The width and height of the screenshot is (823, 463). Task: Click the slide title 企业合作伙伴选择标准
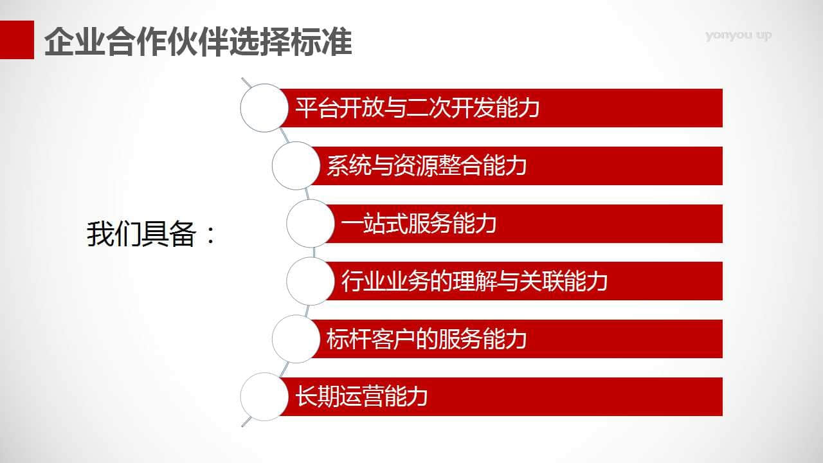click(198, 41)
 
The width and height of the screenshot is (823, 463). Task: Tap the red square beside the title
click(17, 40)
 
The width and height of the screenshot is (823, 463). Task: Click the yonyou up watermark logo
click(738, 35)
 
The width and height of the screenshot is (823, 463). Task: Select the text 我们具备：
click(151, 234)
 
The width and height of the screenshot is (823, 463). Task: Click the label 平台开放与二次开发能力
click(417, 108)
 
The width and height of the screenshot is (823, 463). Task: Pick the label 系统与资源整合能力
click(426, 166)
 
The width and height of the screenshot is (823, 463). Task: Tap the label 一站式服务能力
click(419, 223)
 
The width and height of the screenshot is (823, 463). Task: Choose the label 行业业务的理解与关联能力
click(475, 281)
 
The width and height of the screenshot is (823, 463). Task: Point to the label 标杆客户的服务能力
click(426, 339)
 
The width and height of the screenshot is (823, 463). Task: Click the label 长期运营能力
click(361, 397)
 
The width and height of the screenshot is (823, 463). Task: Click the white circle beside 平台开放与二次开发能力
click(264, 108)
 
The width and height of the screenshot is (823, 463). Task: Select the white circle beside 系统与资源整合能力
click(296, 166)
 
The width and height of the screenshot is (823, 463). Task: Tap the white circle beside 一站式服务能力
click(311, 223)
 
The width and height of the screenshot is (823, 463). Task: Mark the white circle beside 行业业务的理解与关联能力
click(311, 281)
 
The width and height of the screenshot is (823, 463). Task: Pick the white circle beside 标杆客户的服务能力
click(296, 339)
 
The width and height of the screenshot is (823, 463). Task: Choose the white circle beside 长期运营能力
click(264, 397)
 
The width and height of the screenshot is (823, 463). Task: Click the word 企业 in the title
click(75, 41)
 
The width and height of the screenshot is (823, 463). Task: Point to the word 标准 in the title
click(321, 41)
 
